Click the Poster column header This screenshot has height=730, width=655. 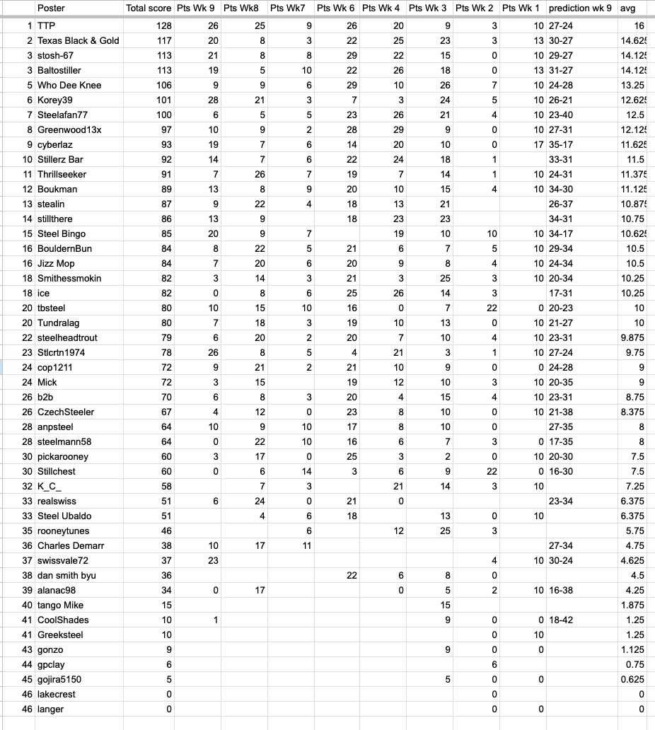[51, 8]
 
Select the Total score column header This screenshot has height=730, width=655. [148, 8]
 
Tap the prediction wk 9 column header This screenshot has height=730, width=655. [580, 8]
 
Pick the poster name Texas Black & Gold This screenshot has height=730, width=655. [78, 40]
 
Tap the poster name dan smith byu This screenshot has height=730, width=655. [66, 575]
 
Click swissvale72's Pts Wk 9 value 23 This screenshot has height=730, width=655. [213, 560]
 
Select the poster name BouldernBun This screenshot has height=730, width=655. [64, 248]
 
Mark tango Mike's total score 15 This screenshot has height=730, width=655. [166, 605]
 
